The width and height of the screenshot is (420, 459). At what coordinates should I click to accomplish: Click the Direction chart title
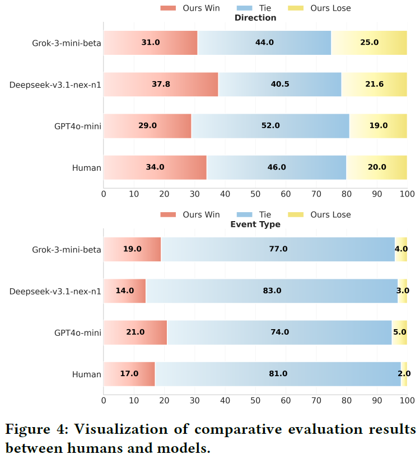click(255, 18)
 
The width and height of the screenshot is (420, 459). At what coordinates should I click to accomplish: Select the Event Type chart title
click(255, 224)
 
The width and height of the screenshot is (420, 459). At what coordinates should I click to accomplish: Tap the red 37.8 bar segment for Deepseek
click(161, 85)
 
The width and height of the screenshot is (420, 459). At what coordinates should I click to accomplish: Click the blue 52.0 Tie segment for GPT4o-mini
click(270, 126)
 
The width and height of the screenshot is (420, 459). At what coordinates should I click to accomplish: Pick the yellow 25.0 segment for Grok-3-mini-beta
click(370, 43)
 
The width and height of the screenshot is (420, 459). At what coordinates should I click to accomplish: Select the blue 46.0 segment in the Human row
click(277, 167)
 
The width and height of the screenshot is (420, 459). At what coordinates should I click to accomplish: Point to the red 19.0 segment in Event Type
click(132, 249)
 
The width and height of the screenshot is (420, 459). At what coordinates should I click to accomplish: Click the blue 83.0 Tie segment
click(272, 291)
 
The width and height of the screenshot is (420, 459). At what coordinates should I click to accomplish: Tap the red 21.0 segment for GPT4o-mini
click(136, 332)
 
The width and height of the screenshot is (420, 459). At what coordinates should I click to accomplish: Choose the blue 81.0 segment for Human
click(278, 374)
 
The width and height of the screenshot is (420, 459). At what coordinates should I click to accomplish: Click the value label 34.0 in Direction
click(155, 167)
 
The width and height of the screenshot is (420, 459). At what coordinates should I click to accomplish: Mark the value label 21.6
click(375, 85)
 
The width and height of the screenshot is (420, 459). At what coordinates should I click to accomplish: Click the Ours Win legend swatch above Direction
click(168, 8)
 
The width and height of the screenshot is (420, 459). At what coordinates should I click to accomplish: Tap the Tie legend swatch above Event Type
click(245, 215)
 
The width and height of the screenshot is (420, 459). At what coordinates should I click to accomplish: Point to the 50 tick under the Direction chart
click(255, 194)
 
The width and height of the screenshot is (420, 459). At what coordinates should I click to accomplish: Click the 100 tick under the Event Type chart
click(407, 401)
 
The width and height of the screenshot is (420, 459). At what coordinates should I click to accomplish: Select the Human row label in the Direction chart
click(87, 167)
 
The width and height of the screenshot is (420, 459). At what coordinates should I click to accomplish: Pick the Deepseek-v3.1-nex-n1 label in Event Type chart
click(55, 291)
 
